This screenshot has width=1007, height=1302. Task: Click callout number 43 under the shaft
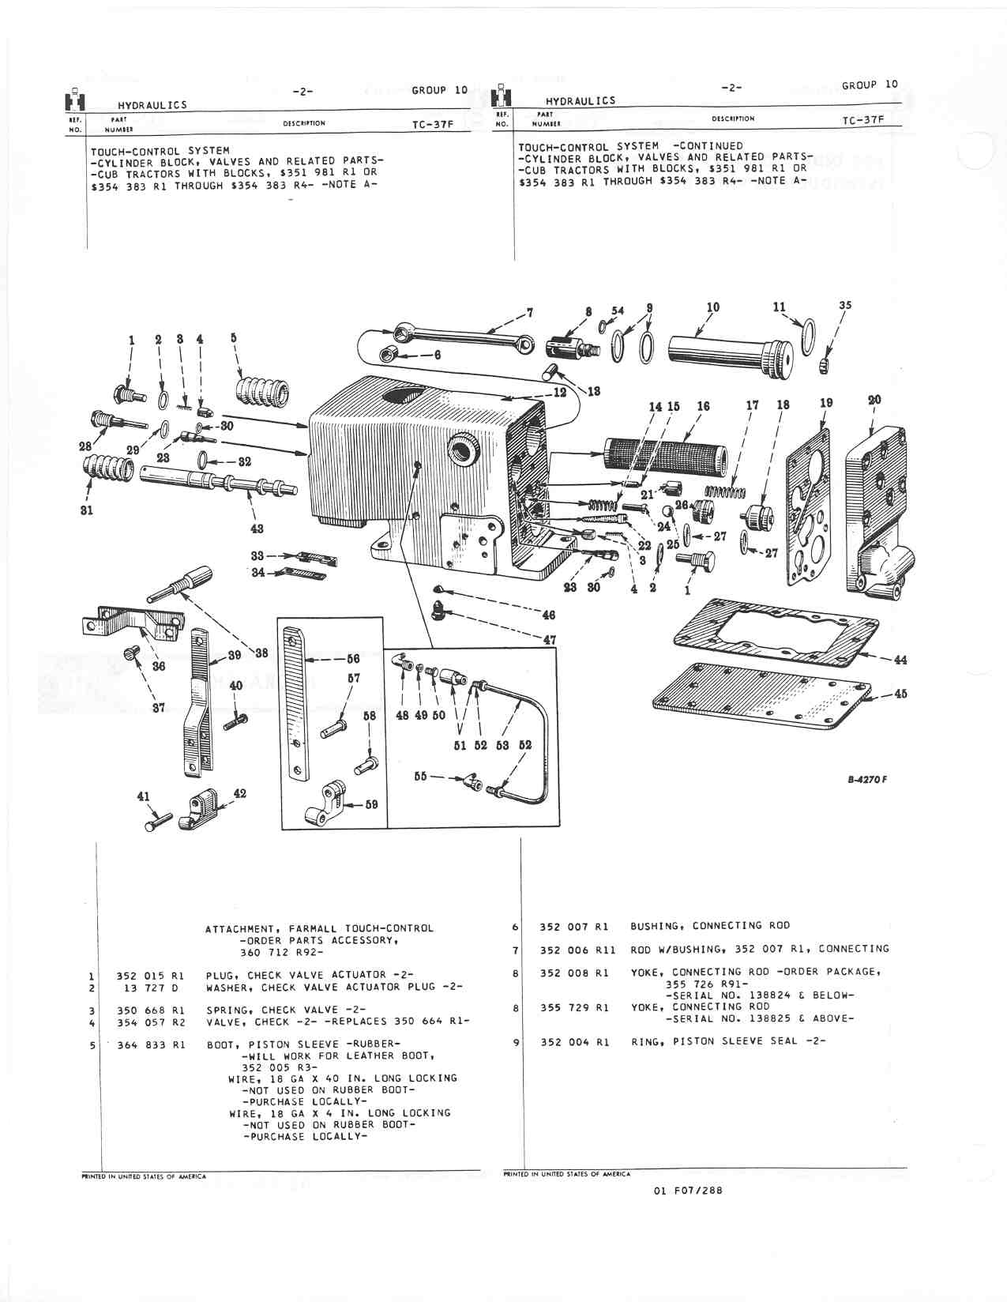coord(257,529)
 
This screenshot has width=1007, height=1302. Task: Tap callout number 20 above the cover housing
coord(874,400)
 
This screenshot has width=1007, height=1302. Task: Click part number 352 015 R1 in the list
coord(150,975)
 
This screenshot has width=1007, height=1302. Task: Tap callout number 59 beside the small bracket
coord(370,805)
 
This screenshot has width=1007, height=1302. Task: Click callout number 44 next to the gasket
coord(900,660)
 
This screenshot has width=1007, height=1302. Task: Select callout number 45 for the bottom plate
coord(900,694)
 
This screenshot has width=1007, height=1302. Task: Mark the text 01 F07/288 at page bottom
coord(688,1214)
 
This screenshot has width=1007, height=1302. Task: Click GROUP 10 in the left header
coord(440,90)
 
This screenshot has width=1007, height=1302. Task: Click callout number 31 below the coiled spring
coord(87,510)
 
